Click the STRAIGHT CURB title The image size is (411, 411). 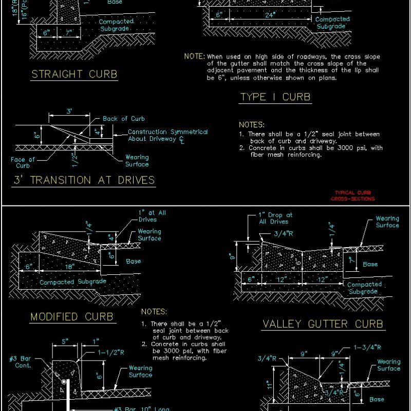tap(74, 74)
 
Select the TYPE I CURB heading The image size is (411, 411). tap(275, 97)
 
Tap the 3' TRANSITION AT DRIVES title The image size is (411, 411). tap(83, 180)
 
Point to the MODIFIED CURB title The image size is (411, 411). tap(71, 316)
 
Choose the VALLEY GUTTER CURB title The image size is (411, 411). tap(323, 324)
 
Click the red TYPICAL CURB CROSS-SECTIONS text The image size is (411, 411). tap(352, 196)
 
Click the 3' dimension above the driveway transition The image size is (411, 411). tap(69, 111)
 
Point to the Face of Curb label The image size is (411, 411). tap(23, 162)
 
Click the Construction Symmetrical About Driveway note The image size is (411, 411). tap(167, 135)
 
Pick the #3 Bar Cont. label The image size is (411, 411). tap(20, 362)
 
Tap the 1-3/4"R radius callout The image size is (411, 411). tap(367, 347)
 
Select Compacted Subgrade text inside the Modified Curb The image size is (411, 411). tap(72, 282)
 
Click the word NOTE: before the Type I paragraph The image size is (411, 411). tap(195, 57)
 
